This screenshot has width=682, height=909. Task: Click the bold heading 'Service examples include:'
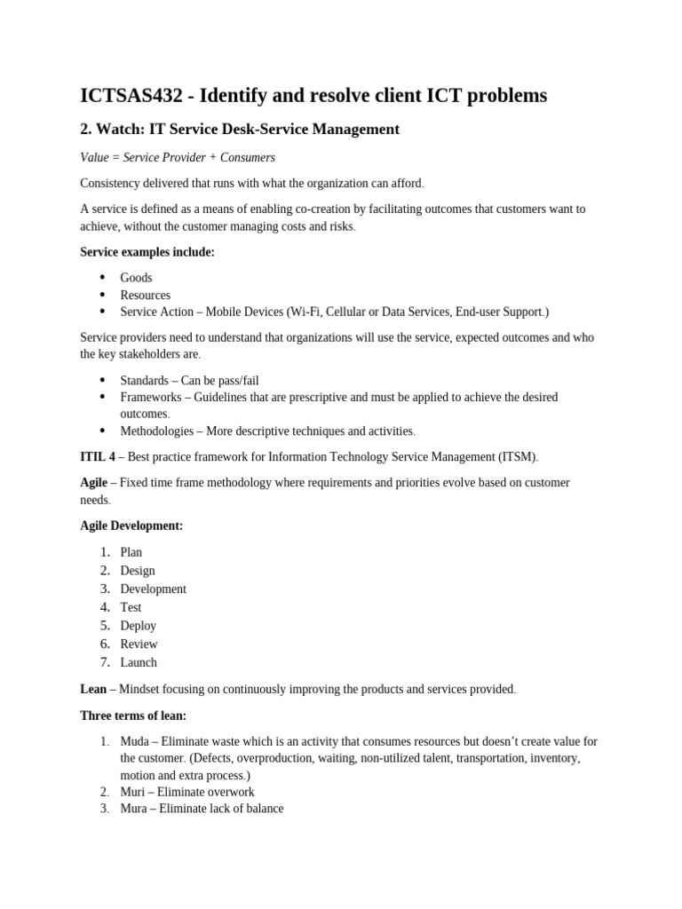pyautogui.click(x=147, y=252)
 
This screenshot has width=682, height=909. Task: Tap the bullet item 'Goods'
pyautogui.click(x=136, y=278)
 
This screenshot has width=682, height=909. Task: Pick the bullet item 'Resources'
pyautogui.click(x=145, y=295)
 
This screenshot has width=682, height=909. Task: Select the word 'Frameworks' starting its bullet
pyautogui.click(x=150, y=397)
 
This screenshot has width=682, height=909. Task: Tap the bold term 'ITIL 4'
pyautogui.click(x=98, y=457)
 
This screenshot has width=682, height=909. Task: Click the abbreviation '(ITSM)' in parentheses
pyautogui.click(x=519, y=457)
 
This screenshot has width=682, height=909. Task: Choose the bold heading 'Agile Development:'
pyautogui.click(x=131, y=526)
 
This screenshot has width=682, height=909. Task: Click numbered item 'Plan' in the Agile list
pyautogui.click(x=131, y=552)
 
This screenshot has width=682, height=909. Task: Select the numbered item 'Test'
pyautogui.click(x=131, y=607)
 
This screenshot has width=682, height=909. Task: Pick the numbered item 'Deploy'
pyautogui.click(x=139, y=626)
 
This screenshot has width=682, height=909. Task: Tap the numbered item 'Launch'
pyautogui.click(x=139, y=662)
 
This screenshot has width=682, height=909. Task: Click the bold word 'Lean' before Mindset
pyautogui.click(x=93, y=689)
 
